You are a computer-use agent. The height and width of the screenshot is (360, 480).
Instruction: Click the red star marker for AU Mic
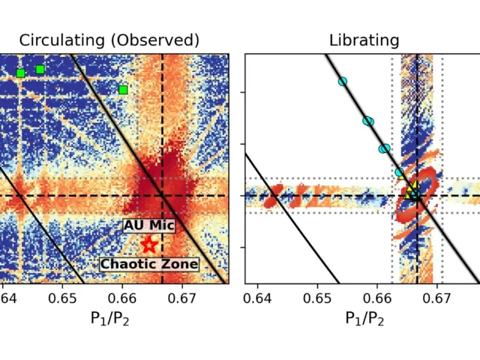click(149, 245)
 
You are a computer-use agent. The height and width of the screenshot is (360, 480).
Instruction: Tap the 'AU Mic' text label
click(149, 226)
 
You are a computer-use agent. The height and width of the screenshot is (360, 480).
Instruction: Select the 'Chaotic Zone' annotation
click(149, 264)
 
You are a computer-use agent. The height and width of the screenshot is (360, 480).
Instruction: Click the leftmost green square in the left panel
click(20, 73)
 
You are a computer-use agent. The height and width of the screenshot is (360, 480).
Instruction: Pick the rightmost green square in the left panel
click(123, 90)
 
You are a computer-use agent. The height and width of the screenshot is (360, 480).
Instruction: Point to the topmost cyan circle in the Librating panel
click(343, 82)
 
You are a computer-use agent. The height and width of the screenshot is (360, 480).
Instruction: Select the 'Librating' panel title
click(364, 40)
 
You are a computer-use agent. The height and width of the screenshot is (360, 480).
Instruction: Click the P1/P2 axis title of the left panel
click(110, 319)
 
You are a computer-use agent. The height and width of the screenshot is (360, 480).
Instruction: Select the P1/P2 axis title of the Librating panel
click(364, 319)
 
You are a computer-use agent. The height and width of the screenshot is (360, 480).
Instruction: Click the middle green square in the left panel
click(40, 70)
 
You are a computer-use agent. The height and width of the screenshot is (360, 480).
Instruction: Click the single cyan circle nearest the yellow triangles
click(400, 173)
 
